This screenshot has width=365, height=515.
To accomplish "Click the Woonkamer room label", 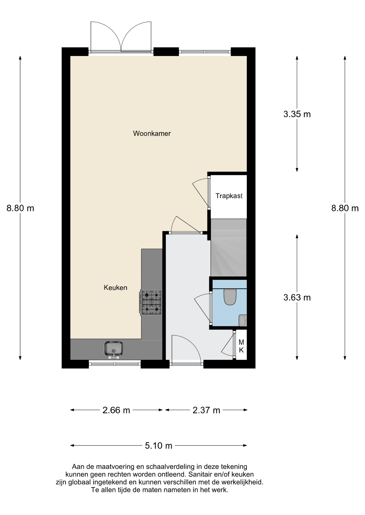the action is point(152,133).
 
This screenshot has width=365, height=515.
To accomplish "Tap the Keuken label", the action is point(116,288).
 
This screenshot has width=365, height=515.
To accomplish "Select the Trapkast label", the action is point(229,196).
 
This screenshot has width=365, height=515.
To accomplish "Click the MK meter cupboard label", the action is point(241,346).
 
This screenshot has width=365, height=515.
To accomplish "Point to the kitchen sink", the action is point(114,350).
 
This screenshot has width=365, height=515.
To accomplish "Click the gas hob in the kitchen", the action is point(151,302).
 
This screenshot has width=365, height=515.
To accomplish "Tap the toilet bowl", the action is point(230,297).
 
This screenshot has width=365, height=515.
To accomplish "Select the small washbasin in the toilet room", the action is point(243,321).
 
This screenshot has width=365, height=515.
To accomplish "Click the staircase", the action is point(228,248).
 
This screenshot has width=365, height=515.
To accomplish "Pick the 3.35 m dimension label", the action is point(297,114).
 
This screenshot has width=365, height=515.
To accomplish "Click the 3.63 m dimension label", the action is point(297,297).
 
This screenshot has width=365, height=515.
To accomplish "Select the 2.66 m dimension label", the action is point(116,410).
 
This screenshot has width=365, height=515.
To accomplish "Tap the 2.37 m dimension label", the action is point(206,410).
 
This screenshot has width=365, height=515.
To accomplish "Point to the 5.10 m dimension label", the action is point(159,446).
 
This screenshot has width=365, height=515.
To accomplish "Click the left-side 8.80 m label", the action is point(20,208).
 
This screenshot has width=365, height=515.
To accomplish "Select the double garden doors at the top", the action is point(121,37).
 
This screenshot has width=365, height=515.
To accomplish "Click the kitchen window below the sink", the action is point(115,364).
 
